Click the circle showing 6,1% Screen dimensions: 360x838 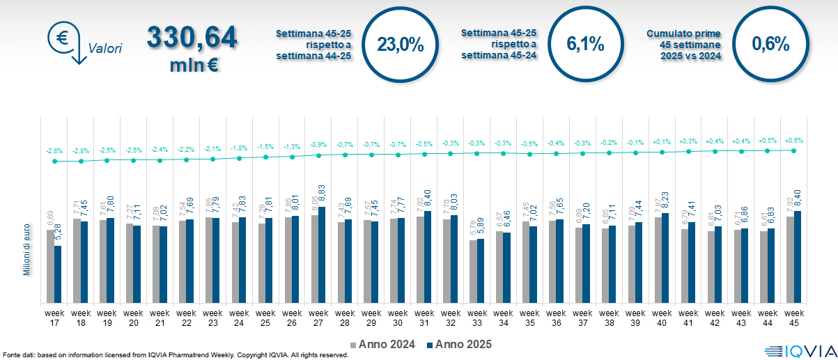(585, 45)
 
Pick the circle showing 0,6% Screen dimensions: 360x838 (770, 45)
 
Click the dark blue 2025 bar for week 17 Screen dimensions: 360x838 (58, 274)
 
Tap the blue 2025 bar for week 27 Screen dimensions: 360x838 (322, 254)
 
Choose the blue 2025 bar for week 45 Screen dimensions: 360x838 (798, 256)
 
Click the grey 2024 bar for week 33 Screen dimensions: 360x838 (473, 272)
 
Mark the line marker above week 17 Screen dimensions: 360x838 (54, 161)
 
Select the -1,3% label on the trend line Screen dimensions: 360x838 (292, 147)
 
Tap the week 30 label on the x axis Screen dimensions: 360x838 (398, 318)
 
